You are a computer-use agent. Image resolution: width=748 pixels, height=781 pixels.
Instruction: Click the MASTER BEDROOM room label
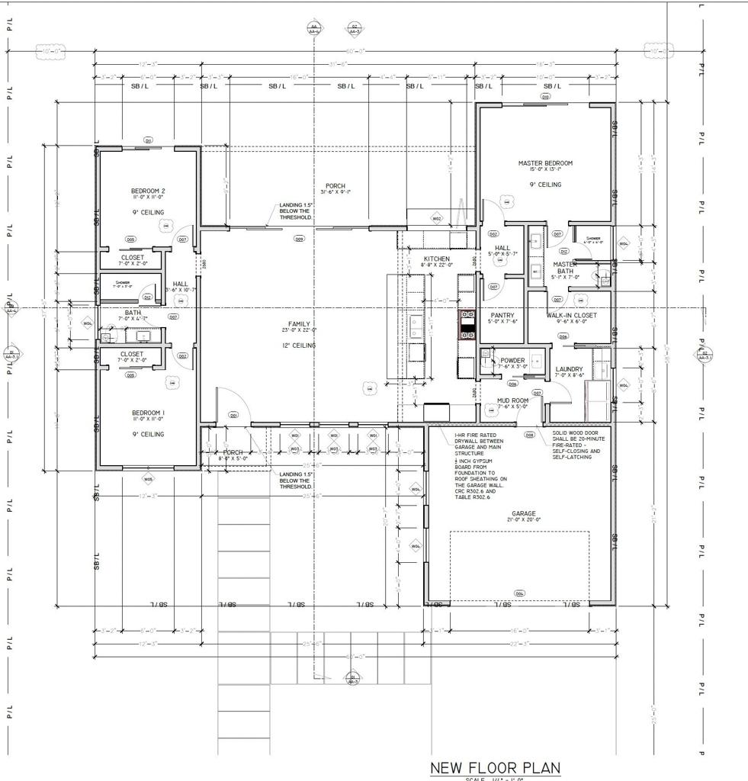point(544,163)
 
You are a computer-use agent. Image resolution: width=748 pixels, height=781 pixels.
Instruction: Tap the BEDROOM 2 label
point(148,191)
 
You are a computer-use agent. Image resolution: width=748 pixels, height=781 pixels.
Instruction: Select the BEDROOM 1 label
point(148,413)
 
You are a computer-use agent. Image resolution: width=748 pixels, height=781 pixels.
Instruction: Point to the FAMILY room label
point(299,324)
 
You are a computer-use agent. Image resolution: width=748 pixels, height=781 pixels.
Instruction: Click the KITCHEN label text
point(437,259)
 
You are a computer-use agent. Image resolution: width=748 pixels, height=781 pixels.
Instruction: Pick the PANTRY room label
point(502,315)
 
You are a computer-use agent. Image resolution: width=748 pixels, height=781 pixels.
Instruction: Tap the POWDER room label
point(512,361)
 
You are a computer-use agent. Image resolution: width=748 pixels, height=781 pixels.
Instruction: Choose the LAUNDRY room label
point(569,369)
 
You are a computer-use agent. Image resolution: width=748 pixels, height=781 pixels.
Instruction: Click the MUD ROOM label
point(512,400)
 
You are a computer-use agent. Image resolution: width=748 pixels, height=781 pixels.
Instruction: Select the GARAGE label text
point(523,513)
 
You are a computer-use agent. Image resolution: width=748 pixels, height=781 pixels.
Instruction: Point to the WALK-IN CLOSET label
point(571,315)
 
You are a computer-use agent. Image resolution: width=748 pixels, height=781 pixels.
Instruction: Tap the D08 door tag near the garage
point(529,435)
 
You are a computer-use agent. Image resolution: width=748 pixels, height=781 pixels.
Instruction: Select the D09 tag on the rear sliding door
point(299,239)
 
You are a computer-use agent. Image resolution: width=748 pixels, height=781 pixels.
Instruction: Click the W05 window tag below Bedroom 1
point(148,479)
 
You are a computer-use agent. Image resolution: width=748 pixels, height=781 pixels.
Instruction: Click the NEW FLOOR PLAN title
point(495,767)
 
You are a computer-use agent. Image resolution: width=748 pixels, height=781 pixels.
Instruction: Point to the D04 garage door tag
point(519,593)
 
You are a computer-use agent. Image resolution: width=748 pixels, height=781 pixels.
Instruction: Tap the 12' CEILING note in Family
point(299,346)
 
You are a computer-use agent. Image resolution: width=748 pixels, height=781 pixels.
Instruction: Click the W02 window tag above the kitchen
point(437,219)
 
